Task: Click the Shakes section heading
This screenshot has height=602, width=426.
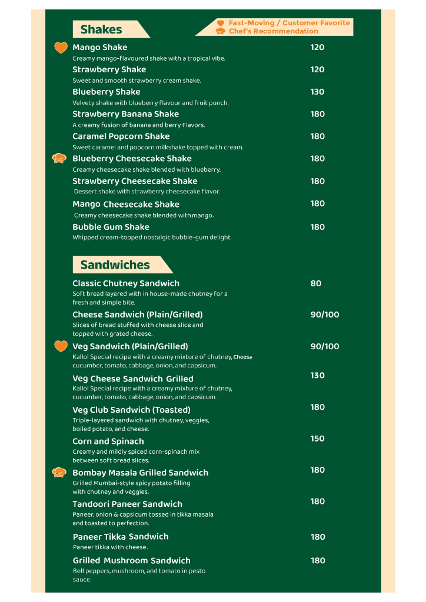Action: click(x=101, y=29)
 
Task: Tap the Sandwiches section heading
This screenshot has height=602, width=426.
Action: click(x=115, y=265)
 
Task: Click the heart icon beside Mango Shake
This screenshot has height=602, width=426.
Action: click(x=61, y=48)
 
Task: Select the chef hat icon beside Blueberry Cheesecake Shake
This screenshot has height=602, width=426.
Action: click(x=59, y=159)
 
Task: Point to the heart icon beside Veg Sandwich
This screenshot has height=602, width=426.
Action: click(x=61, y=346)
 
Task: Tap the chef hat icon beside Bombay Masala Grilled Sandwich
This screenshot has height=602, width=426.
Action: click(x=59, y=472)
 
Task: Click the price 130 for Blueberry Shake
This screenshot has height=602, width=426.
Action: click(x=317, y=92)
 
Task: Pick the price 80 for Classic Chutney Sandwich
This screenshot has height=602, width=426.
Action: click(x=316, y=283)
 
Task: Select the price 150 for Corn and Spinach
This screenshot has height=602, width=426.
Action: click(x=317, y=439)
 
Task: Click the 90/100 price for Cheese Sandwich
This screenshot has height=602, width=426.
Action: click(x=325, y=315)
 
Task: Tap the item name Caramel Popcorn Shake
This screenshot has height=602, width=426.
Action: click(x=121, y=136)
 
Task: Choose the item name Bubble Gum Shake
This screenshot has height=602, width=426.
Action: click(x=111, y=227)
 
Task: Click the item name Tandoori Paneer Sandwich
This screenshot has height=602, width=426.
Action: click(x=127, y=504)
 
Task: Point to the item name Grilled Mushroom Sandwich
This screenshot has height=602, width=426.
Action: click(x=132, y=560)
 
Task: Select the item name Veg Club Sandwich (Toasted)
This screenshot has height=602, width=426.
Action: click(x=131, y=410)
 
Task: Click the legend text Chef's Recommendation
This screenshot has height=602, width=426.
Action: click(x=273, y=31)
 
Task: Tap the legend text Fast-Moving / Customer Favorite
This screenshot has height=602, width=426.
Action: click(x=289, y=23)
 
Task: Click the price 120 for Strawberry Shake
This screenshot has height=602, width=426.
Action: click(x=317, y=69)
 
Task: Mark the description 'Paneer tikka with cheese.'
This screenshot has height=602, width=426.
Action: click(x=111, y=547)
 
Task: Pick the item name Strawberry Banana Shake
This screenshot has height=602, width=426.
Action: click(x=125, y=114)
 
